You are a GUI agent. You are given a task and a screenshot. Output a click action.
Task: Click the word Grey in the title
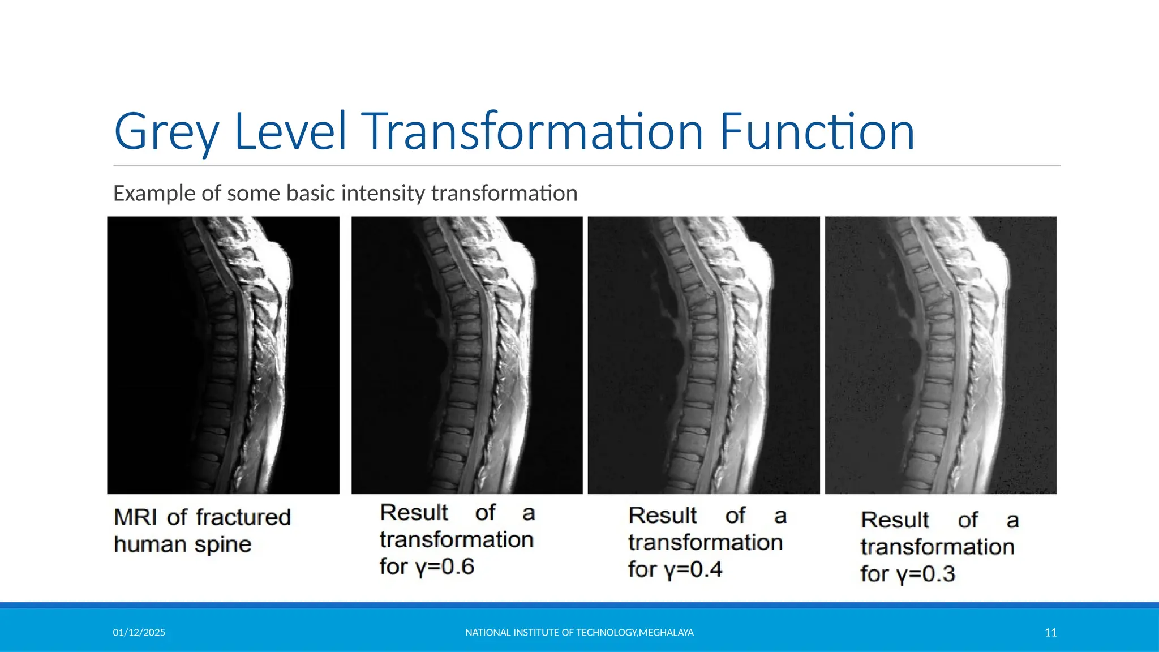point(166,132)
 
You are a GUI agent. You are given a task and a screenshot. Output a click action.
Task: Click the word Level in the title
point(289,132)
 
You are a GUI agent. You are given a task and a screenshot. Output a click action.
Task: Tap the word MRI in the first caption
point(135,517)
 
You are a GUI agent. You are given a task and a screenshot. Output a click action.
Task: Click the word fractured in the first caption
point(243,517)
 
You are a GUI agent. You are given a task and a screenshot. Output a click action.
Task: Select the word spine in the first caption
point(222,544)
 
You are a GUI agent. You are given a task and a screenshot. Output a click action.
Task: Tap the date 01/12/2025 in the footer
point(139,633)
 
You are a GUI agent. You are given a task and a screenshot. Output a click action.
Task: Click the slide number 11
point(1050,633)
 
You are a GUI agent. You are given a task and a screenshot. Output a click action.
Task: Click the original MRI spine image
point(223,355)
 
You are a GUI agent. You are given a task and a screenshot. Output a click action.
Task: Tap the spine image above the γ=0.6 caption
point(467,355)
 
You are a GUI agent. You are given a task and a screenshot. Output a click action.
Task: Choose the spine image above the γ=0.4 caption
point(703,355)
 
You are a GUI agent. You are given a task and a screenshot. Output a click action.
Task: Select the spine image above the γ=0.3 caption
point(941,355)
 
